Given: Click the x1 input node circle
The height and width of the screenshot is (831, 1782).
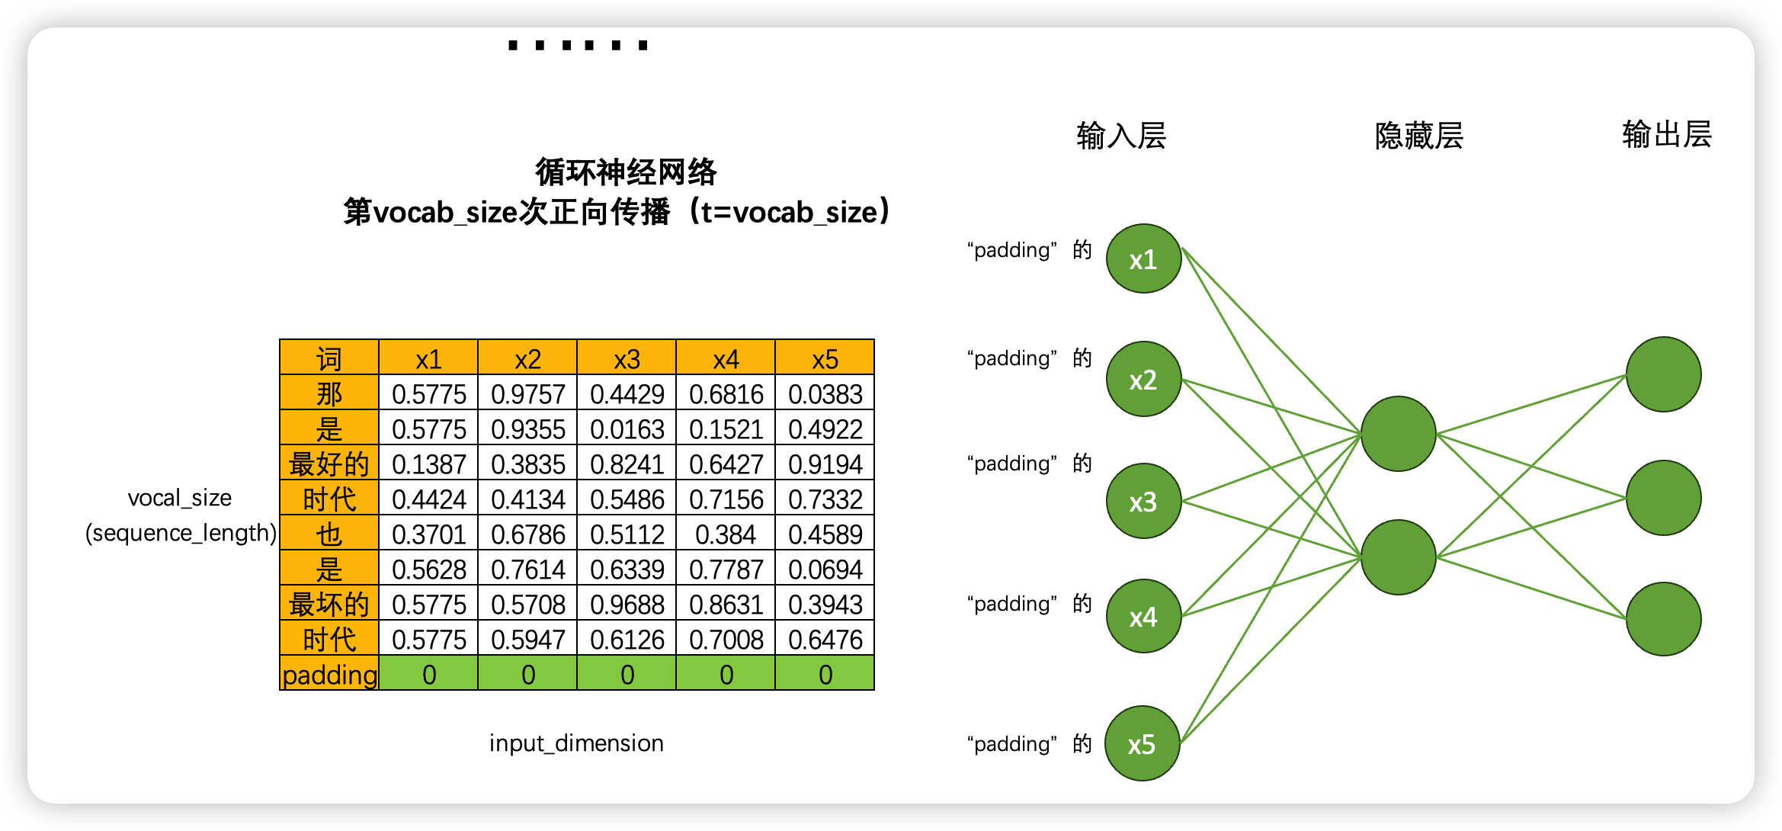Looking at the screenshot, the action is [1143, 258].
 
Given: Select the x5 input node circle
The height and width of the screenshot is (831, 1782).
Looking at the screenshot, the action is [1142, 743].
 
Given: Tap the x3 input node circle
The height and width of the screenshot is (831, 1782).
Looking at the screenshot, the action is [1143, 501].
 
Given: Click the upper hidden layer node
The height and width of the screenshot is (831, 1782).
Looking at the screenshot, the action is [1398, 434].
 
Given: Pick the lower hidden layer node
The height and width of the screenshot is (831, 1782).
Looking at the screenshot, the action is [1398, 557].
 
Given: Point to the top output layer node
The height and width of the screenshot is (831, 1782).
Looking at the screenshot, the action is [1663, 374].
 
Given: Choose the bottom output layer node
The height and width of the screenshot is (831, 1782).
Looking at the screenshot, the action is [1663, 618].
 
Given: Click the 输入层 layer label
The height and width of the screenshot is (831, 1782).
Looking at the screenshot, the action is [1121, 136].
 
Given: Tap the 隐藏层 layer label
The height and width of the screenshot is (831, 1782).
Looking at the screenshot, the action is [1418, 136].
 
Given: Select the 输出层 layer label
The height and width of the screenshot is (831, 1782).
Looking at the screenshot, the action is [1667, 134].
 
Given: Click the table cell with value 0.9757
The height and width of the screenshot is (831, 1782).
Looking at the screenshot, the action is [527, 394].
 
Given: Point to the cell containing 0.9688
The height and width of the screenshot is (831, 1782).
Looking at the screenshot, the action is [627, 605].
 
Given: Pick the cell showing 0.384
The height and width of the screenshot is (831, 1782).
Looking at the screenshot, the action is [726, 534].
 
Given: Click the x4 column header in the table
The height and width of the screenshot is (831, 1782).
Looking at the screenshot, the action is [726, 359].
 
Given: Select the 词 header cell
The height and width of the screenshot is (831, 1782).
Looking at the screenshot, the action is [329, 359].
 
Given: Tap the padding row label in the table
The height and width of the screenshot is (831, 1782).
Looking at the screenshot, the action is [329, 675].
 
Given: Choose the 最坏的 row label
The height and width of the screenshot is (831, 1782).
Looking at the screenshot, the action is [329, 605].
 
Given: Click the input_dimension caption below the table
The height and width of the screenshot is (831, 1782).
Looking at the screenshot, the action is [576, 743].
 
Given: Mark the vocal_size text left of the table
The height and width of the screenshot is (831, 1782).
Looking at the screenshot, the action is [180, 498].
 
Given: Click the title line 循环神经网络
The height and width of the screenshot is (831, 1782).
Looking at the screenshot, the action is [626, 172].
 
